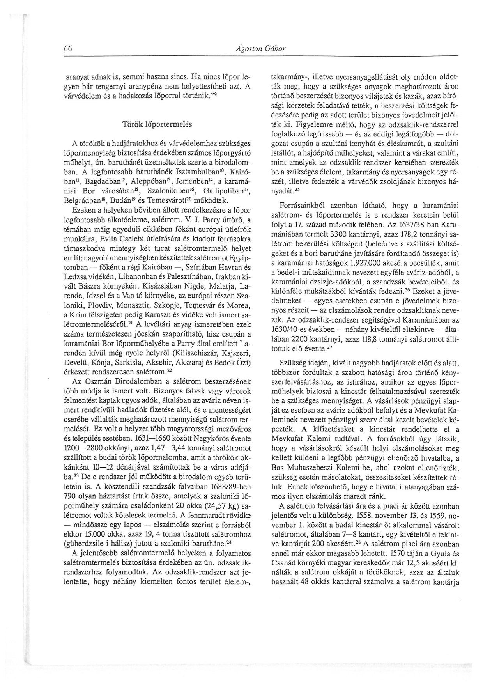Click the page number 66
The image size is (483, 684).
pos(67,49)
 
